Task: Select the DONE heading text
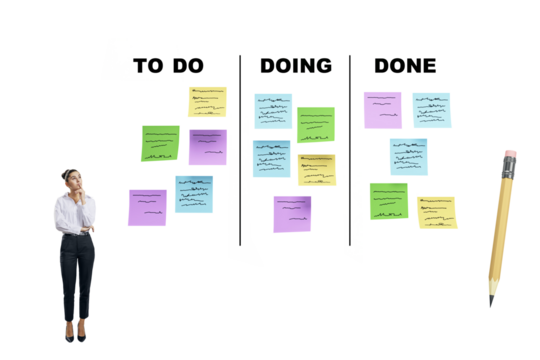click(x=404, y=66)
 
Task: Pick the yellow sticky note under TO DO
click(x=207, y=101)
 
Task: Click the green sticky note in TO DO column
click(x=160, y=142)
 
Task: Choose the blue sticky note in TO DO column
click(x=194, y=194)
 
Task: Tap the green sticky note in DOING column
click(x=315, y=125)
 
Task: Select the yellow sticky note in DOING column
click(x=316, y=169)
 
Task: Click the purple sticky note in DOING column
click(x=292, y=213)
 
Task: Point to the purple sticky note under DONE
click(x=382, y=110)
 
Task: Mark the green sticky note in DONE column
click(x=388, y=200)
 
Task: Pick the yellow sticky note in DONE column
click(x=437, y=212)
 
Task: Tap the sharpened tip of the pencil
click(x=491, y=300)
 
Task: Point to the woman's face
click(x=72, y=181)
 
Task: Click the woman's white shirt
click(x=74, y=215)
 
